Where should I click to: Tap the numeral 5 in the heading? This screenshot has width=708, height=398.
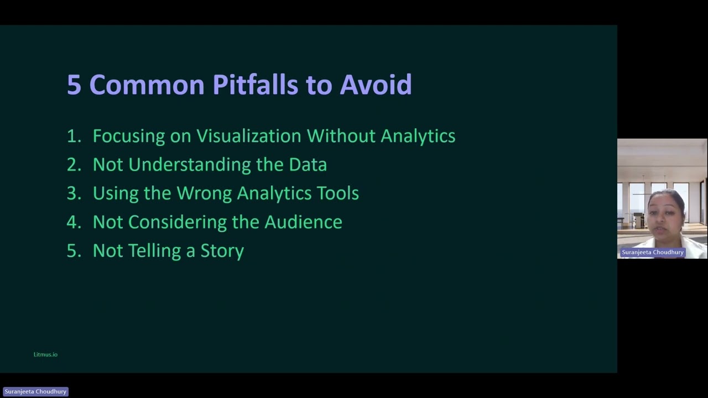[x=74, y=85]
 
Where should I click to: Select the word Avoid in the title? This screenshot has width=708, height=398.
[x=376, y=85]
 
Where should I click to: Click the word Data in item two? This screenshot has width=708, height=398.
[x=308, y=165]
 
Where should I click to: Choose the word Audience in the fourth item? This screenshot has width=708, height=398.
[x=303, y=222]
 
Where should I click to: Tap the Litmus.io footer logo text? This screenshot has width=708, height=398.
[x=45, y=354]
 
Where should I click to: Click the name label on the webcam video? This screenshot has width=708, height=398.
[x=653, y=252]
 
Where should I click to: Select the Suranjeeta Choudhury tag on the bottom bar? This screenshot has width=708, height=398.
[x=35, y=391]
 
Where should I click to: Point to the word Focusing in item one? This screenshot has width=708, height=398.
[x=128, y=136]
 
